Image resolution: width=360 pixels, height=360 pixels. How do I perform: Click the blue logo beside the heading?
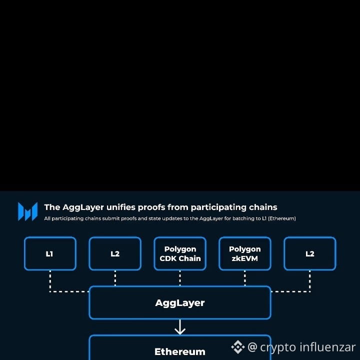coord(27,211)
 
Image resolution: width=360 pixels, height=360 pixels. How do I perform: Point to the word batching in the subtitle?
coord(239,218)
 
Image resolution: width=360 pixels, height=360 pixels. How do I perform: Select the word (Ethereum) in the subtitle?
coord(281,218)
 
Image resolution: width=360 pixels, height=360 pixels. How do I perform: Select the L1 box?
coord(50,253)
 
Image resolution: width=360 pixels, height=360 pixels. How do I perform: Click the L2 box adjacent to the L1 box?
coord(115,253)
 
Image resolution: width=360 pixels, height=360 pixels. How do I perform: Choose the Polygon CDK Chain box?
coord(180,253)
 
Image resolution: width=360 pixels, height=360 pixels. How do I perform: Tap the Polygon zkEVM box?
coord(245,253)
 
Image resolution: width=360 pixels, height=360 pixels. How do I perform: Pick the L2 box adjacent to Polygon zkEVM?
coord(310,253)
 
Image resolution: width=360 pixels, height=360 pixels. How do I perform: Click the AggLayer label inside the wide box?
coord(180,302)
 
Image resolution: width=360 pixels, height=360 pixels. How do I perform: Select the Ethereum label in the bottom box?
coord(180,351)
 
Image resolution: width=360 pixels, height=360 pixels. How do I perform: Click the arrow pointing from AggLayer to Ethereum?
coord(180,327)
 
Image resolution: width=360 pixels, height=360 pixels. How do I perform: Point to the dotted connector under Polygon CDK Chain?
coord(180,278)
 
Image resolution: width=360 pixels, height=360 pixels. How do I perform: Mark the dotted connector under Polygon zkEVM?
coord(245,278)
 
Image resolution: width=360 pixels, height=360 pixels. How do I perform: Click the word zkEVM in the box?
coord(245,258)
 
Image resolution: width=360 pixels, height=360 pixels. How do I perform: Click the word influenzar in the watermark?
coord(327,347)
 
